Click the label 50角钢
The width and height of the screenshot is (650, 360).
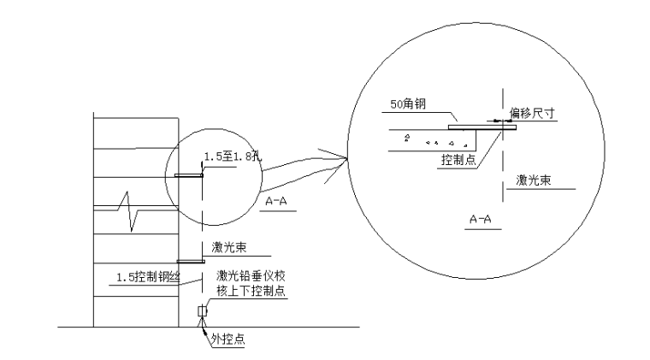408,104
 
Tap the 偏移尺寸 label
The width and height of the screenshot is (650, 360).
532,113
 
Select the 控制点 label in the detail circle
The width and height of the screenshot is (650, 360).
458,160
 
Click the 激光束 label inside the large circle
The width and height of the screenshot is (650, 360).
533,180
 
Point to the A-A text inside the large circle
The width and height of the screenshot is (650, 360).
480,219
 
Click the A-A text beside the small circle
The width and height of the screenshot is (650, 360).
276,201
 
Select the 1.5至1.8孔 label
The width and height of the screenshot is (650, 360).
233,156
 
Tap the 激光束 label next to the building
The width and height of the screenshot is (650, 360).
229,248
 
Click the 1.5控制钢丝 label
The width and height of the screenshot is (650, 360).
148,277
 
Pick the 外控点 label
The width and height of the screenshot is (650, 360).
227,339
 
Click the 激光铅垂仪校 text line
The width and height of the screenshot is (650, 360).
251,276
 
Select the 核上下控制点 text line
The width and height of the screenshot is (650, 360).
251,291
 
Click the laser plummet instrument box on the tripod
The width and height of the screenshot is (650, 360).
202,310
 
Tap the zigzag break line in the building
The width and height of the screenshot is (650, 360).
129,210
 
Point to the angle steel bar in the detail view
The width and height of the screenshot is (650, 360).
482,127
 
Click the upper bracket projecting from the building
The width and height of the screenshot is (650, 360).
189,175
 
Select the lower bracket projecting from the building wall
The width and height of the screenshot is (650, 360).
191,262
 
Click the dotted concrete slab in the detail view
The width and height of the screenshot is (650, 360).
432,140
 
